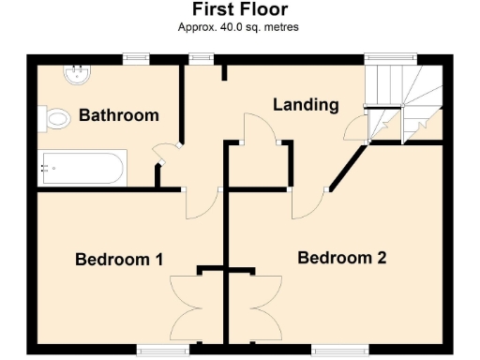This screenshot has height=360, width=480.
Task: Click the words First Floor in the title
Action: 239,10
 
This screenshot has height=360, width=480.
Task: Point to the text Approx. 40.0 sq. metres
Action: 239,27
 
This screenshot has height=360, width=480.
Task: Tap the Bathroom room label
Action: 118,116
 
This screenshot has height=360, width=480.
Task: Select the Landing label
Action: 306,104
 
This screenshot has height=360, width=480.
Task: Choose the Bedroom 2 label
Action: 342,257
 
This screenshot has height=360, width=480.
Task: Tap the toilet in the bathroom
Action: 55,118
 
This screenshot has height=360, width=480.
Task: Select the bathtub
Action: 80,169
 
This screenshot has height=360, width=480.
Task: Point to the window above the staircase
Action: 380,58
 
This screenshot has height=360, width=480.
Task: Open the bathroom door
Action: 164,156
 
